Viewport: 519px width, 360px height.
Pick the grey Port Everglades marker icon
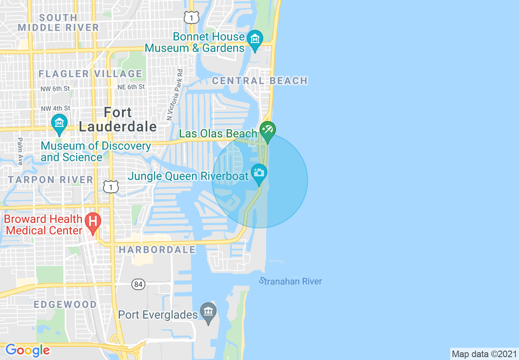pyautogui.click(x=208, y=312)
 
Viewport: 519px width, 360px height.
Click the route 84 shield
pyautogui.click(x=138, y=284)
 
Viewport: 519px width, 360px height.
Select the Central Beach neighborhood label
pyautogui.click(x=260, y=81)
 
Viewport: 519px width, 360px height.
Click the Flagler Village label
pyautogui.click(x=90, y=74)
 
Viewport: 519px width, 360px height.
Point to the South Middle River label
pyautogui.click(x=59, y=22)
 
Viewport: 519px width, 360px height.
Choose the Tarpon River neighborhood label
pyautogui.click(x=51, y=180)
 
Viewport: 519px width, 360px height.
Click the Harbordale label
pyautogui.click(x=158, y=250)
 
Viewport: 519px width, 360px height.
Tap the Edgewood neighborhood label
pyautogui.click(x=65, y=304)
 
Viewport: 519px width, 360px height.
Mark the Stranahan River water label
pyautogui.click(x=291, y=281)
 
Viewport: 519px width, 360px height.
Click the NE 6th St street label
pyautogui.click(x=131, y=87)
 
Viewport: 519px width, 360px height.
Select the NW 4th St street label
pyautogui.click(x=55, y=108)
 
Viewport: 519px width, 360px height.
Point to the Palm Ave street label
pyautogui.click(x=19, y=151)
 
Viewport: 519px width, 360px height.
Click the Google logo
pyautogui.click(x=27, y=350)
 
